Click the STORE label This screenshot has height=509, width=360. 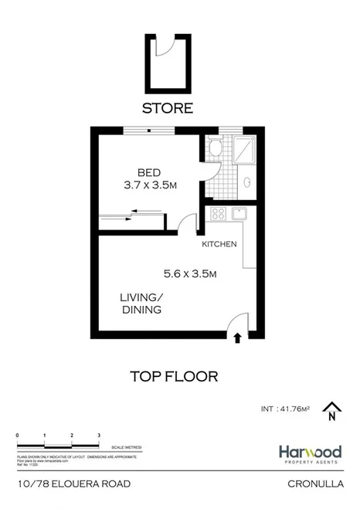167,108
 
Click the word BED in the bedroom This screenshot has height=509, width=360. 148,172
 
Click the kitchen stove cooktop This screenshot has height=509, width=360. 218,214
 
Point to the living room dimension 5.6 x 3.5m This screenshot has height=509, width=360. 189,273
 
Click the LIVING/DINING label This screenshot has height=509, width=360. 141,304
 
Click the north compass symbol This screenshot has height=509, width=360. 331,411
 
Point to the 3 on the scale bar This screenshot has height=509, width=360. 99,436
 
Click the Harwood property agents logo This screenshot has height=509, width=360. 310,453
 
